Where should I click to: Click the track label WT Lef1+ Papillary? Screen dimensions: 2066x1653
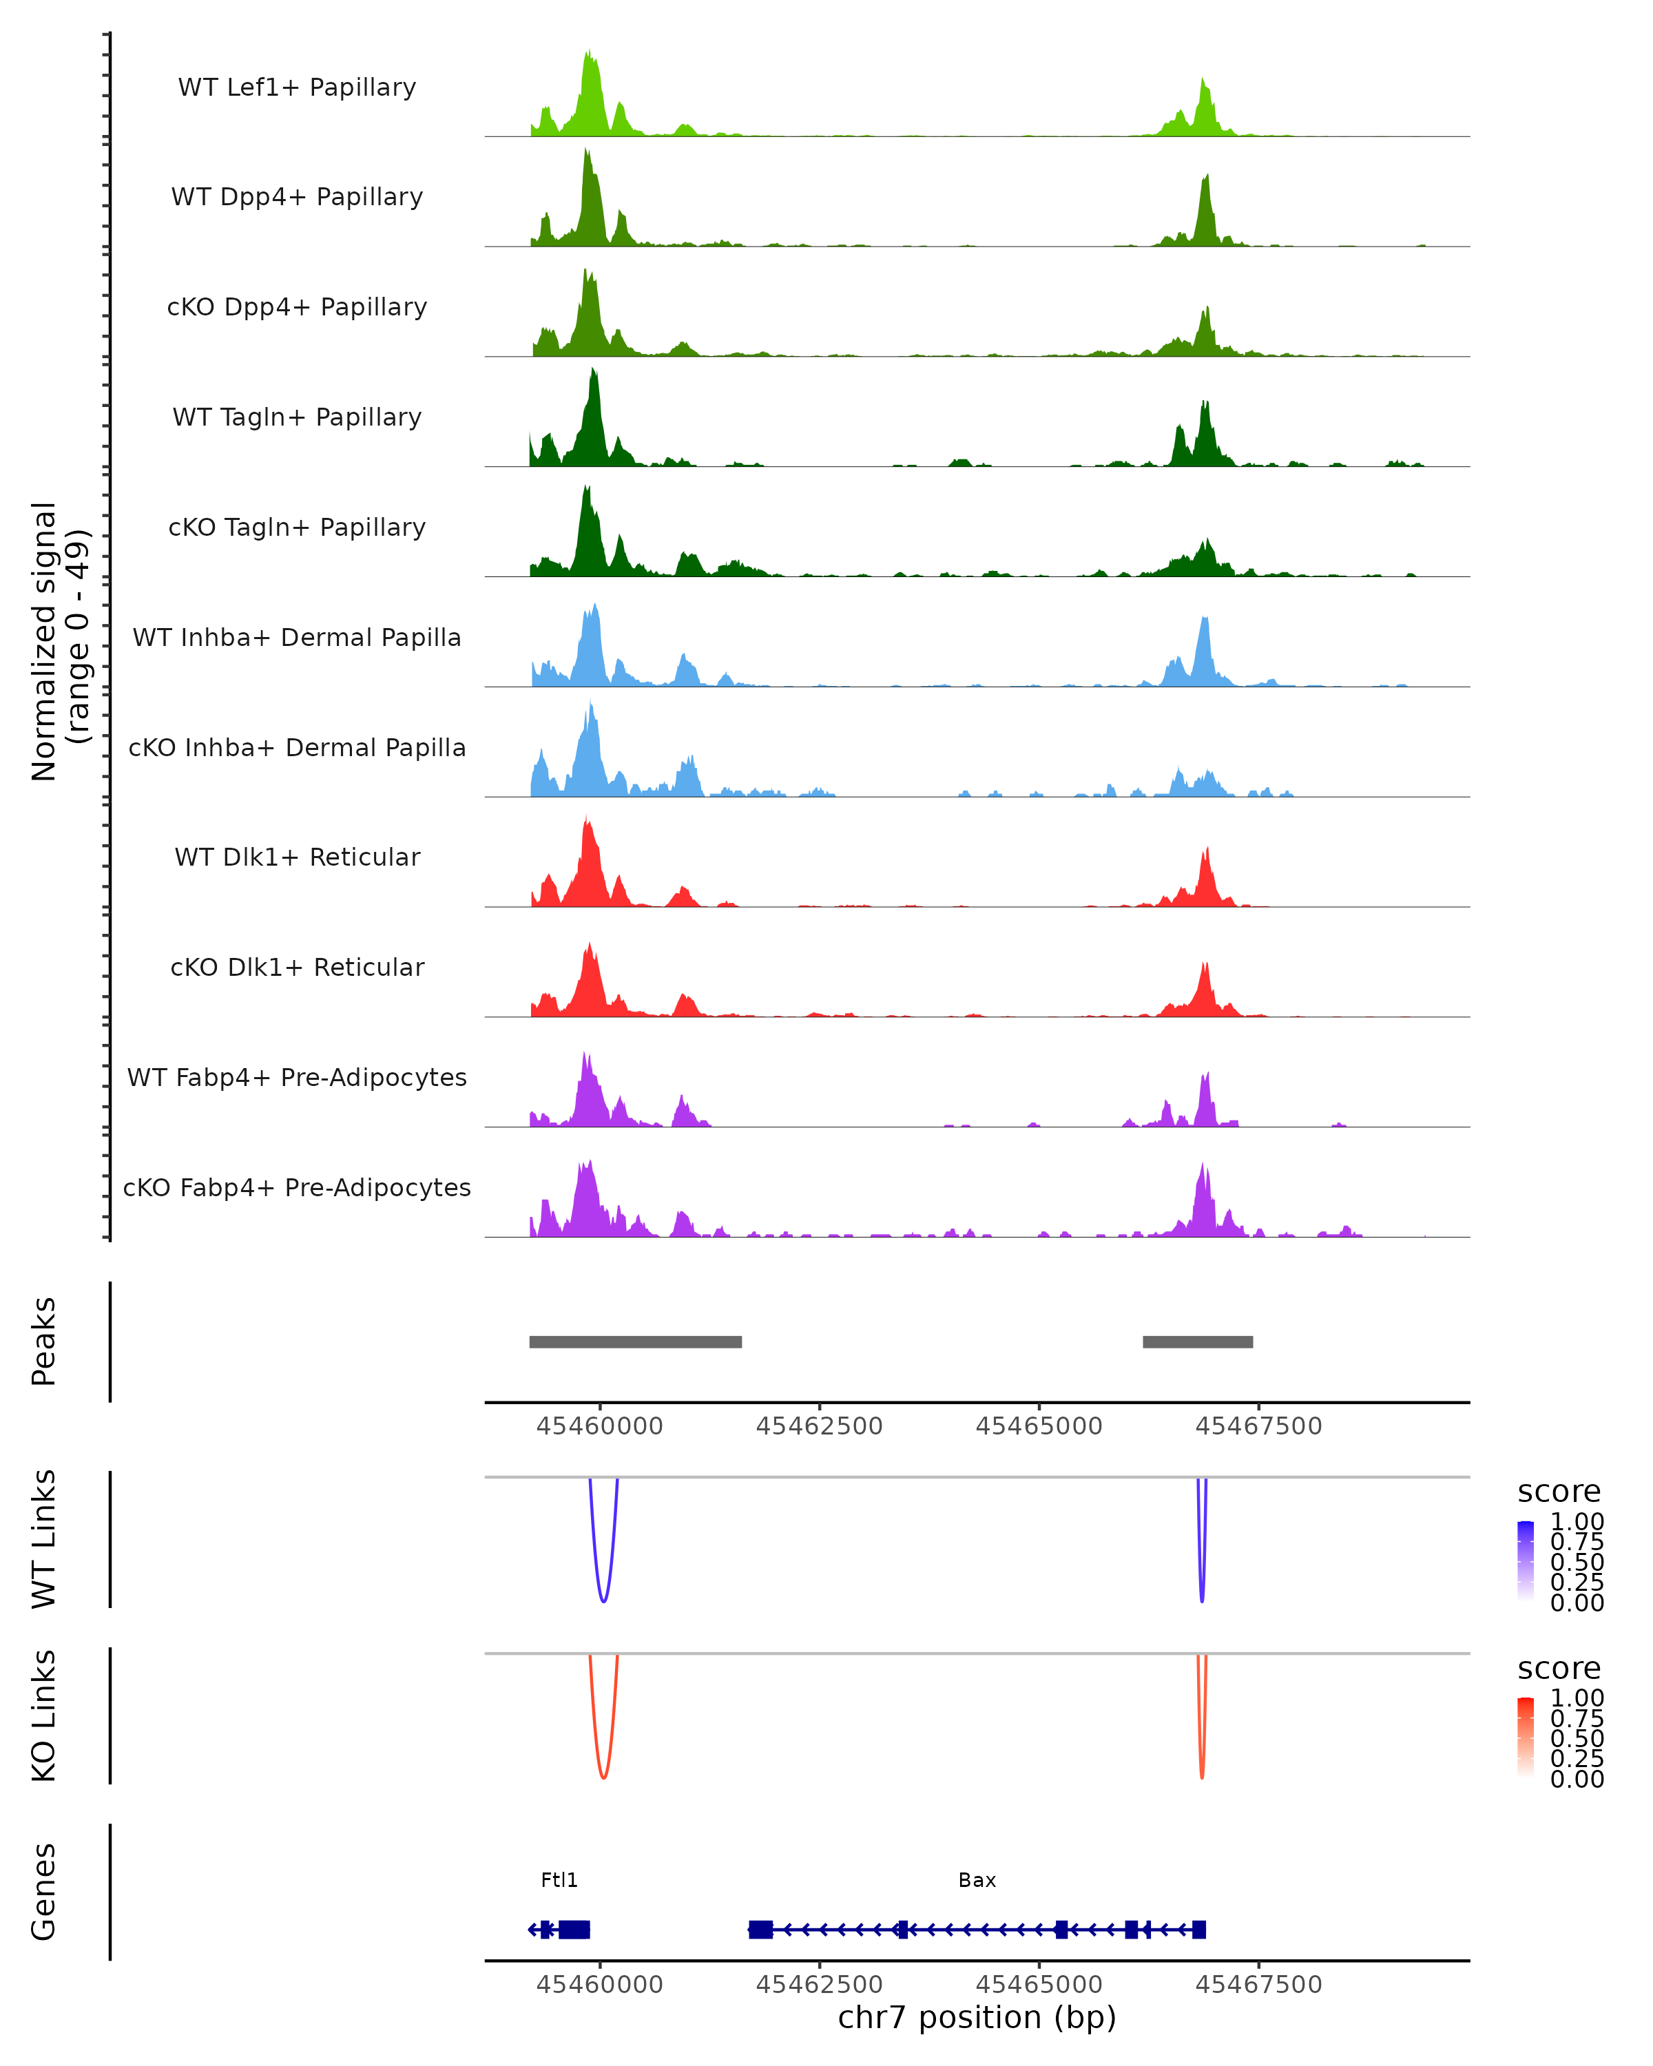pyautogui.click(x=297, y=87)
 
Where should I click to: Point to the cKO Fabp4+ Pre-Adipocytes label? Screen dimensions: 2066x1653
pyautogui.click(x=297, y=1187)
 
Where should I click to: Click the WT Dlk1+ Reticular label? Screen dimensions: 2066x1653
pyautogui.click(x=297, y=857)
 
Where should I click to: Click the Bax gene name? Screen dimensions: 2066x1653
pyautogui.click(x=977, y=1879)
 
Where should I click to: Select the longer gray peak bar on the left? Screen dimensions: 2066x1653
pyautogui.click(x=635, y=1342)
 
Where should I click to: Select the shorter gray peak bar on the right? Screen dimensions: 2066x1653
pyautogui.click(x=1198, y=1342)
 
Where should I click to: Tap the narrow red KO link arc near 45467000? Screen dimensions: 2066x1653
pyautogui.click(x=1202, y=1775)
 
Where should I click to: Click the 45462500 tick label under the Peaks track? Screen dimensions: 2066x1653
pyautogui.click(x=820, y=1426)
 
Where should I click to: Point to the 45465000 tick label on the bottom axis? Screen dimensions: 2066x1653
pyautogui.click(x=1039, y=1985)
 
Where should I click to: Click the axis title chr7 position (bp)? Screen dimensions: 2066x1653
pyautogui.click(x=977, y=2018)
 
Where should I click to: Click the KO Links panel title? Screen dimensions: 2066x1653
pyautogui.click(x=43, y=1715)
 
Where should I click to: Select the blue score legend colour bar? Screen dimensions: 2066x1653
pyautogui.click(x=1526, y=1561)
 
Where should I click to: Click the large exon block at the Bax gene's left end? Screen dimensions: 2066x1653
pyautogui.click(x=761, y=1929)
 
